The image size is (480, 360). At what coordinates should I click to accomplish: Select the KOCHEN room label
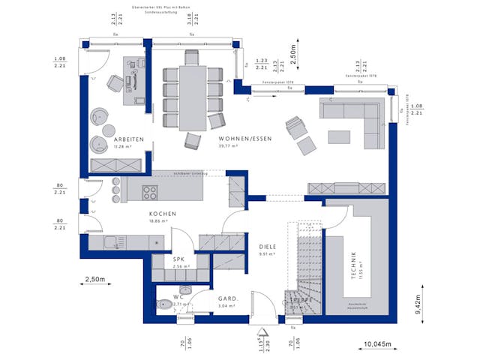pyautogui.click(x=162, y=214)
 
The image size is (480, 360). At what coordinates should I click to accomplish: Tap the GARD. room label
pyautogui.click(x=227, y=298)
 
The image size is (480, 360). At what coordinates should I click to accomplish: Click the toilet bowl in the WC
pyautogui.click(x=164, y=304)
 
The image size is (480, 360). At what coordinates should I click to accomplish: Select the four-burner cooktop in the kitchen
pyautogui.click(x=150, y=192)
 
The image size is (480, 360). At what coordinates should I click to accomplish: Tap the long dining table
pyautogui.click(x=193, y=98)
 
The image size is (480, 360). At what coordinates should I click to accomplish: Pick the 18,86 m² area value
pyautogui.click(x=163, y=222)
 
